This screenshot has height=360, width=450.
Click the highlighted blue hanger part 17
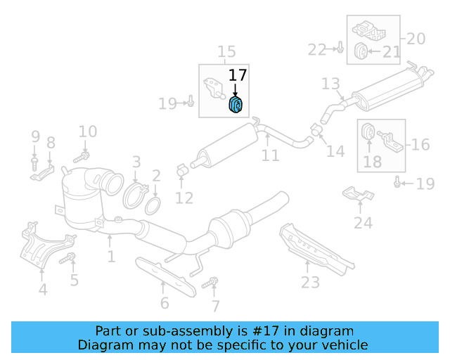click(236, 105)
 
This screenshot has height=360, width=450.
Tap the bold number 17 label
click(237, 75)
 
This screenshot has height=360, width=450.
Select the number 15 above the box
click(226, 52)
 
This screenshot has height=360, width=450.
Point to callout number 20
click(416, 39)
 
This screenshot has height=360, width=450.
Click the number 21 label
click(391, 51)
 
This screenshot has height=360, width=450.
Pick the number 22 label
click(317, 49)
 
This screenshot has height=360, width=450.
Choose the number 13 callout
click(330, 84)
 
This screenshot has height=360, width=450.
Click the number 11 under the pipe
click(271, 155)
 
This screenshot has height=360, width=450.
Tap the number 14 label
click(336, 150)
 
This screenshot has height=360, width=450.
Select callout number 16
click(420, 145)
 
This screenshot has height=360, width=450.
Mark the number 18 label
click(373, 163)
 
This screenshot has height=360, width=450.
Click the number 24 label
click(363, 223)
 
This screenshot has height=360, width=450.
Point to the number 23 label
click(310, 282)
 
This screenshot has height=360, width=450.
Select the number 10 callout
click(87, 131)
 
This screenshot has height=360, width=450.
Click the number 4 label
click(43, 288)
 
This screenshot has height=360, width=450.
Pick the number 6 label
click(165, 303)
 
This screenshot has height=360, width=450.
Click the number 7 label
click(215, 306)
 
